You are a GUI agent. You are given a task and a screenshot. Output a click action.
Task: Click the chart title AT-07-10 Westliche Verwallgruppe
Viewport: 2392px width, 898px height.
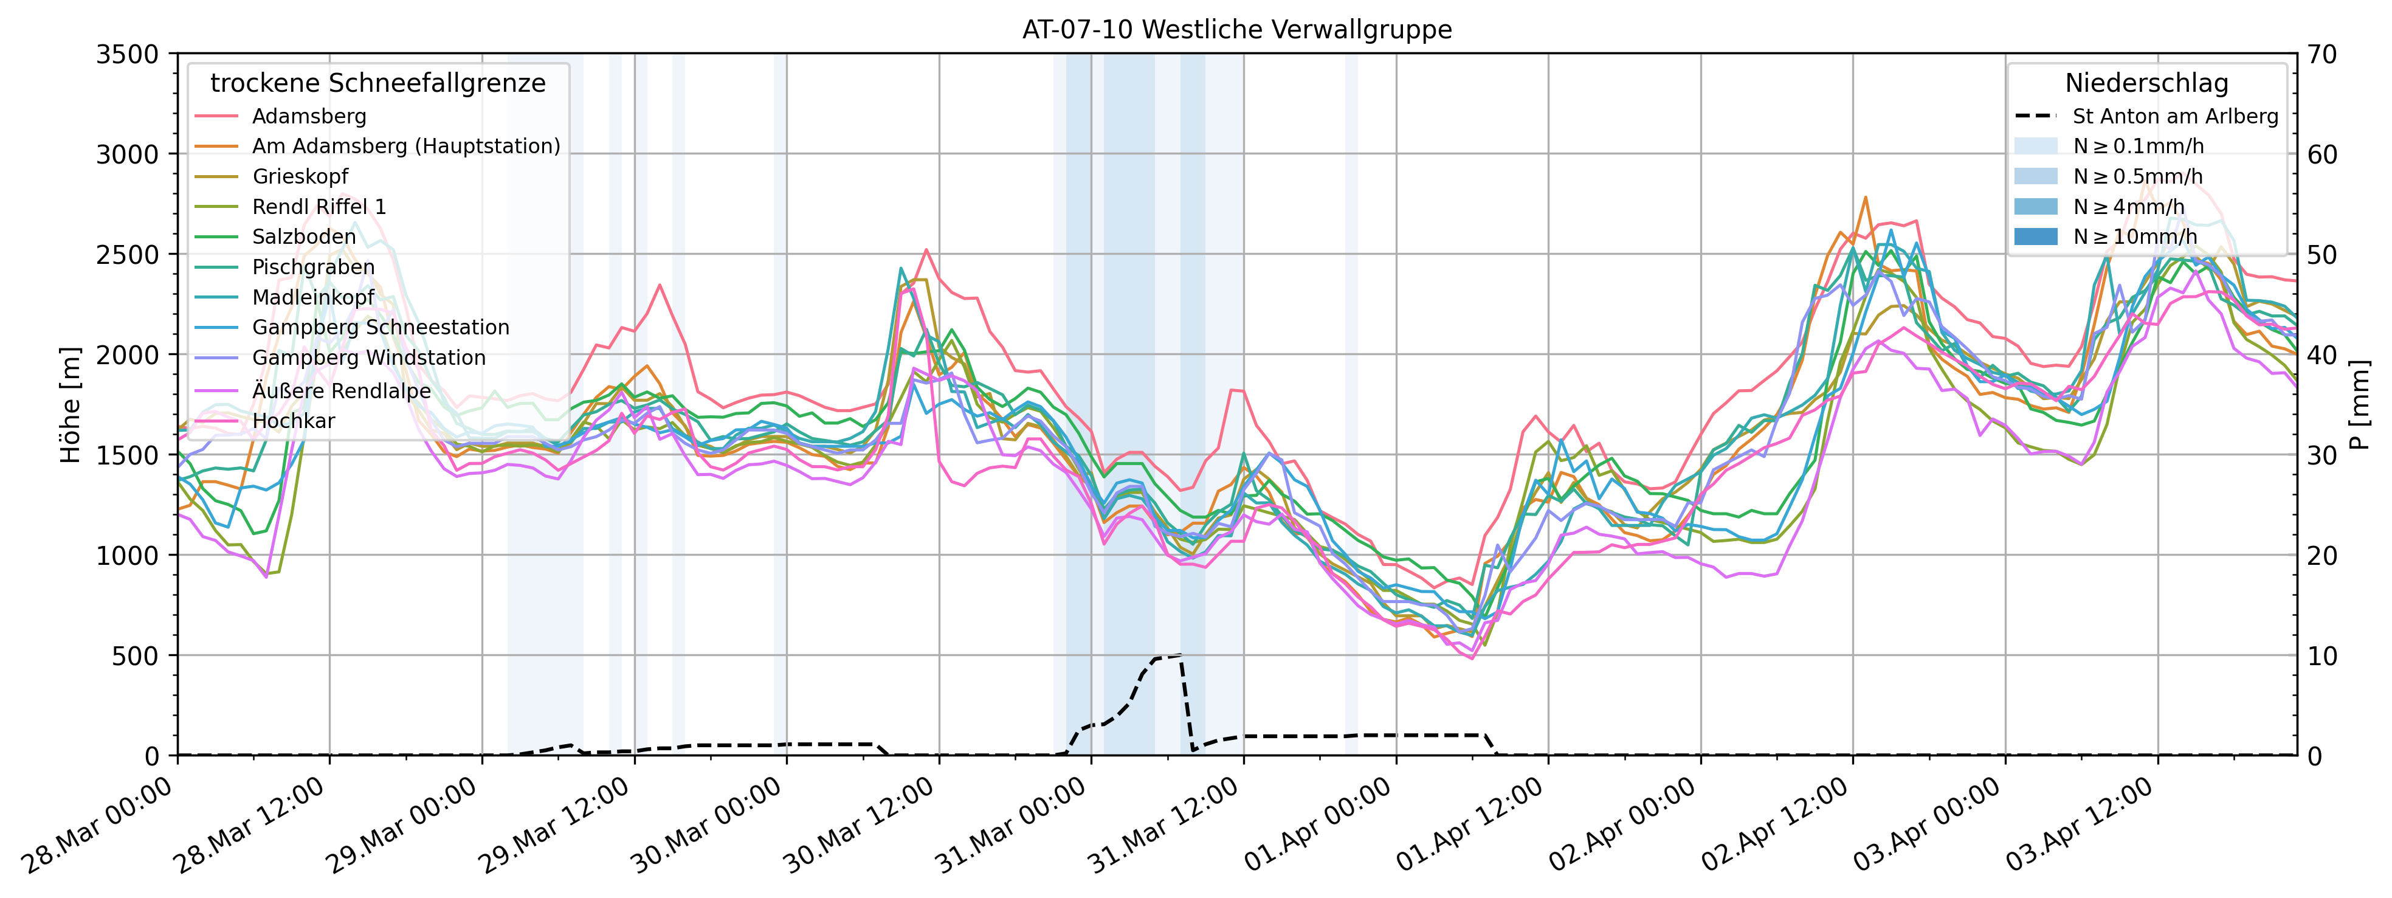(x=1237, y=30)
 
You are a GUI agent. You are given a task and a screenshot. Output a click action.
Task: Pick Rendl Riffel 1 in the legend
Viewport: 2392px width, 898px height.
(x=319, y=206)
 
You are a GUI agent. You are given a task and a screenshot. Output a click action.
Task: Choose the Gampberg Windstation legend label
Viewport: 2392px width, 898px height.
(x=368, y=357)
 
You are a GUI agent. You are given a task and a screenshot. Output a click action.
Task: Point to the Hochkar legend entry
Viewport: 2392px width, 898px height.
(x=294, y=421)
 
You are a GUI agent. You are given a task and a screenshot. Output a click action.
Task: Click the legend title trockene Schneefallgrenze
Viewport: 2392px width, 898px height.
(x=378, y=83)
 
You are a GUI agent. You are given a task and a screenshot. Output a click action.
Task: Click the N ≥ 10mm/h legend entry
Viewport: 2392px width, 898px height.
(x=2135, y=237)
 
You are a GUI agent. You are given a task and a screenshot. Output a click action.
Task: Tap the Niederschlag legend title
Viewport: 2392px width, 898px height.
(x=2146, y=83)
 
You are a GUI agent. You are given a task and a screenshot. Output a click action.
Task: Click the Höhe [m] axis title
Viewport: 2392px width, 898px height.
(x=71, y=405)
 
